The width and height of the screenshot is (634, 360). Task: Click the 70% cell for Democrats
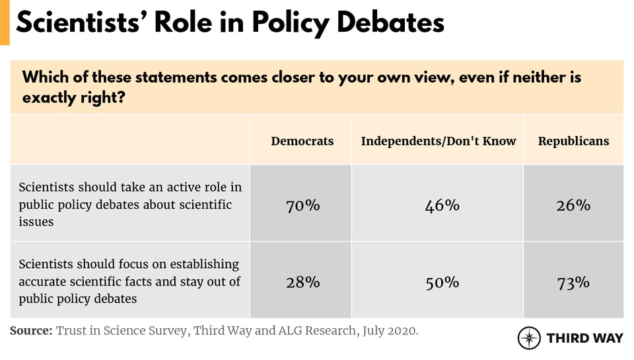click(x=302, y=205)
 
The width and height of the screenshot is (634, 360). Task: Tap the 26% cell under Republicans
click(x=573, y=205)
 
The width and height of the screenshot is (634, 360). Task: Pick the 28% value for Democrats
click(x=302, y=282)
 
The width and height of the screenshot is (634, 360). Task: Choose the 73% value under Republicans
click(x=573, y=282)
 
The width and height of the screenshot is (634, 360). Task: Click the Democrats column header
click(x=302, y=141)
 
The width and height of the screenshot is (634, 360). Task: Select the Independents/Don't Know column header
click(x=439, y=141)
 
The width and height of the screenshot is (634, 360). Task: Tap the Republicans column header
click(x=573, y=141)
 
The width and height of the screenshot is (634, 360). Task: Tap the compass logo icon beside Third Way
click(x=529, y=338)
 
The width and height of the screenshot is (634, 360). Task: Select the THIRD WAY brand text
click(x=584, y=338)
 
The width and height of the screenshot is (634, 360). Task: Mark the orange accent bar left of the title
click(x=5, y=22)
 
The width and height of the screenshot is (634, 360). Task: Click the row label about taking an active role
click(x=130, y=205)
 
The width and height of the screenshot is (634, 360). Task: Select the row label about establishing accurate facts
click(x=129, y=281)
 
